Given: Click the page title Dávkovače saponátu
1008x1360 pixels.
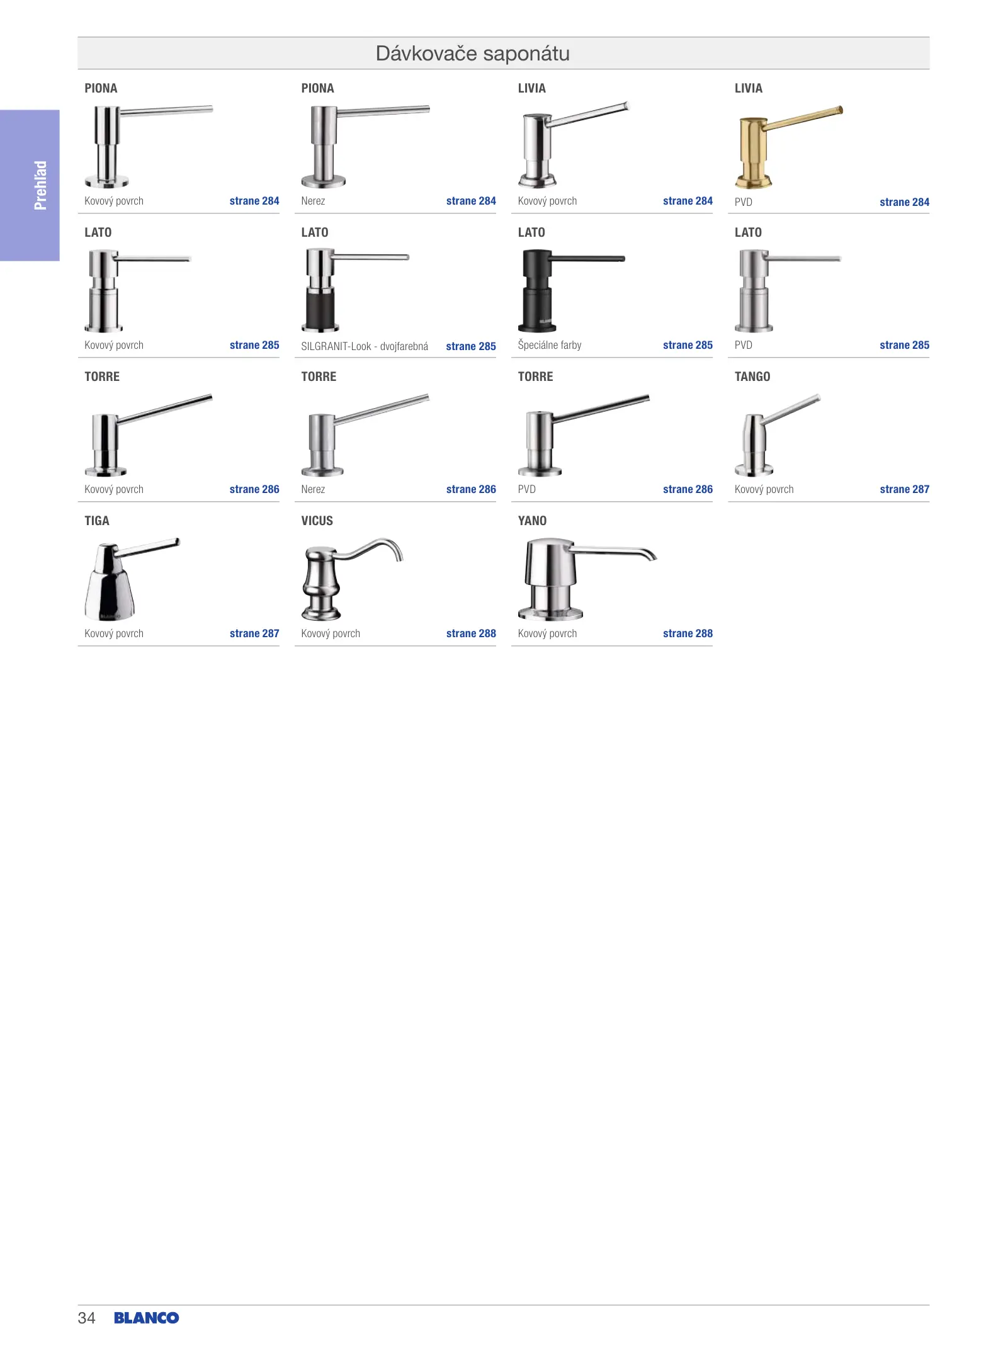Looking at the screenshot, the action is [x=472, y=54].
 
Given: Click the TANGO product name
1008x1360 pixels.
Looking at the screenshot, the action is [x=752, y=377].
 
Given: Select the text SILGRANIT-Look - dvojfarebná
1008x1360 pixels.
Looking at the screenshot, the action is [x=365, y=346].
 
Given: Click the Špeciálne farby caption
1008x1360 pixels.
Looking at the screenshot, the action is [x=550, y=345].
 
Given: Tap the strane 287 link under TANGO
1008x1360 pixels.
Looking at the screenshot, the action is [x=904, y=489].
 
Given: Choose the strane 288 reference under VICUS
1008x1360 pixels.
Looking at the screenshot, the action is [x=471, y=633].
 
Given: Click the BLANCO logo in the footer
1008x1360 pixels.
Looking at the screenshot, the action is [x=147, y=1318].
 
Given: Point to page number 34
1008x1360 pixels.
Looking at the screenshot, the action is [x=86, y=1318].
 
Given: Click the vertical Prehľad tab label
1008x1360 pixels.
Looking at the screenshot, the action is [x=40, y=185].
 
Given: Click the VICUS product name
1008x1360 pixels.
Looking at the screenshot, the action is [x=317, y=521].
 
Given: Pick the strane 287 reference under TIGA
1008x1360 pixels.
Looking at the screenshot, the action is [x=254, y=633].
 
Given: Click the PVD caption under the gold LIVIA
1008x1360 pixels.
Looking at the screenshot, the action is [x=743, y=202].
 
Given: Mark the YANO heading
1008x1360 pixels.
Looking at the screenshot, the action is [x=532, y=521].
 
